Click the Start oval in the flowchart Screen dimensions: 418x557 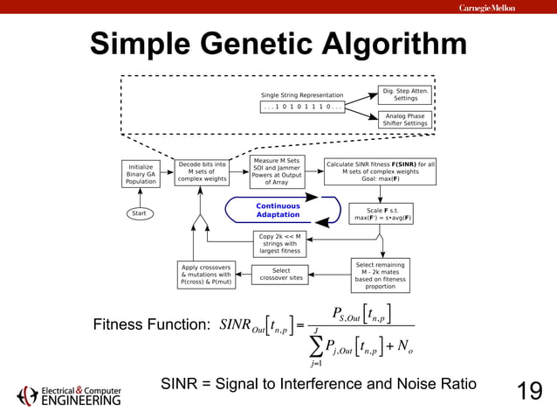coord(138,213)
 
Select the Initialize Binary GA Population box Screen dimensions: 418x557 coord(141,172)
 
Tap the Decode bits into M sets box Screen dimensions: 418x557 coord(202,171)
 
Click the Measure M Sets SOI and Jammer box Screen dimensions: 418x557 coord(275,171)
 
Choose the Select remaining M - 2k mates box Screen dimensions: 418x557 coord(380,275)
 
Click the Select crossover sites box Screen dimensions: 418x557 coord(281,275)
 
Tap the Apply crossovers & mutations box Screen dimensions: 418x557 coord(206,275)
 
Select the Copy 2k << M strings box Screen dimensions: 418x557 coord(279,243)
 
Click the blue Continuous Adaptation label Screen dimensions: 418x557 coord(278,211)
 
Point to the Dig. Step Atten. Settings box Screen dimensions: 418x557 coord(406,94)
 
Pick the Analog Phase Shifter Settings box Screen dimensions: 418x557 coord(406,119)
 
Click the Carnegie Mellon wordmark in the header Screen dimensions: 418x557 coord(486,8)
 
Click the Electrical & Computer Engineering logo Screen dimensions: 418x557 coord(70,395)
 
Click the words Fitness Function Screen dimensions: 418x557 coord(149,325)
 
